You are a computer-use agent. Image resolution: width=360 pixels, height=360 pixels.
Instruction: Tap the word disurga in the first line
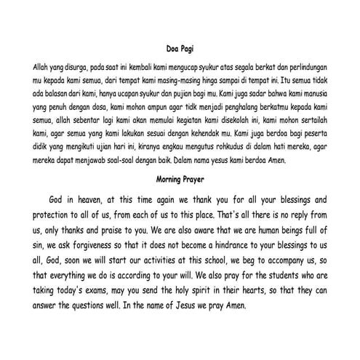click(x=79, y=65)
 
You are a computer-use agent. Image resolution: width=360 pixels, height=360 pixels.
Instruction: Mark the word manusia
click(x=319, y=95)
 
